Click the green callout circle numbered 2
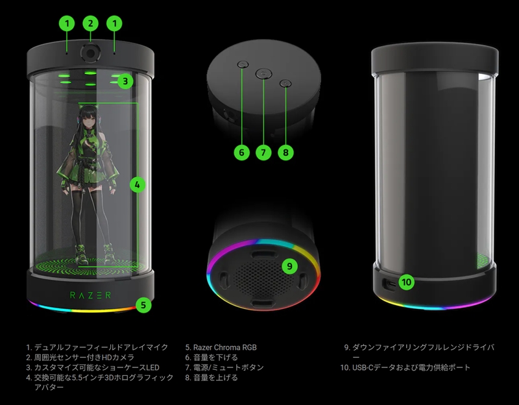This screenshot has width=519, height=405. pos(91,23)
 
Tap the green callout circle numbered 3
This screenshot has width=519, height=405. pos(125,81)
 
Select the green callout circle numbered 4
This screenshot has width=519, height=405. pos(138,185)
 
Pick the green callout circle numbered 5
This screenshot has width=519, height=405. pos(143,305)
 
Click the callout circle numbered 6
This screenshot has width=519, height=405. pos(241,153)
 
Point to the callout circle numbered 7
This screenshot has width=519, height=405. pos(263,153)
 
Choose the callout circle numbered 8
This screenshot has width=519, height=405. pos(285,153)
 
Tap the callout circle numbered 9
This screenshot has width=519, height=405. pos(290,266)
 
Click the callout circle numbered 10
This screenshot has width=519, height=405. pos(407,282)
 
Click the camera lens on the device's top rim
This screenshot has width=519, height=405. pos(90,53)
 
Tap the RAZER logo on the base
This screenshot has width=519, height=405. pos(90,295)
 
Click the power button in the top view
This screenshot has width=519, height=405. pos(263,74)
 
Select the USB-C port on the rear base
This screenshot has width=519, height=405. pos(389,284)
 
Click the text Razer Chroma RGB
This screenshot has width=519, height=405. pos(221,347)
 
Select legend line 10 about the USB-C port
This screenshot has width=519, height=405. pos(405,367)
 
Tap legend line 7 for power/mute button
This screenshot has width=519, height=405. pos(224,367)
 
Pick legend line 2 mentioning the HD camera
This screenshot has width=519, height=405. pos(80,358)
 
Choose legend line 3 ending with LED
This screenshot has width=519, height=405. pos(93,367)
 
